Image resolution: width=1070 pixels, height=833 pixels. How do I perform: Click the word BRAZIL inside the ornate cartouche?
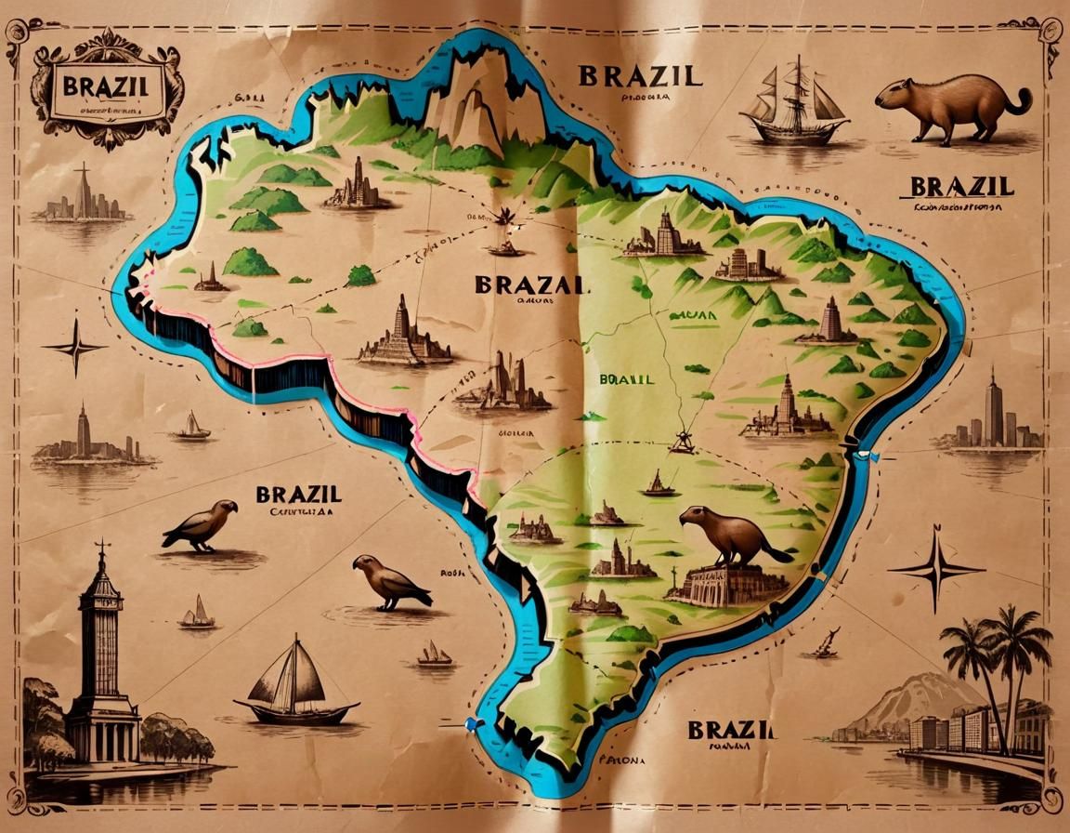tap(105, 88)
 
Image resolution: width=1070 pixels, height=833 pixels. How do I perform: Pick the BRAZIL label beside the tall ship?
tap(640, 75)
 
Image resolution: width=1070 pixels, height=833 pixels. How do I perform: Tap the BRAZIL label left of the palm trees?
tap(731, 729)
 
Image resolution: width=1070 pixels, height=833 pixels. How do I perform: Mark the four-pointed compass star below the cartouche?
tap(75, 347)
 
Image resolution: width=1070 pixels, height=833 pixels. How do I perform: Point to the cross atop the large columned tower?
tap(102, 548)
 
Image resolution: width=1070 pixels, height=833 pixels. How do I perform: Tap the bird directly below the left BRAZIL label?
tap(201, 524)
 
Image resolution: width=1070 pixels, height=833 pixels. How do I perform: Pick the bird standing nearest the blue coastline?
tap(390, 583)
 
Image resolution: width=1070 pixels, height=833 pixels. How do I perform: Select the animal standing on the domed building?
tap(731, 536)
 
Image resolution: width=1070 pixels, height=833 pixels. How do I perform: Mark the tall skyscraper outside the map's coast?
tap(994, 409)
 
